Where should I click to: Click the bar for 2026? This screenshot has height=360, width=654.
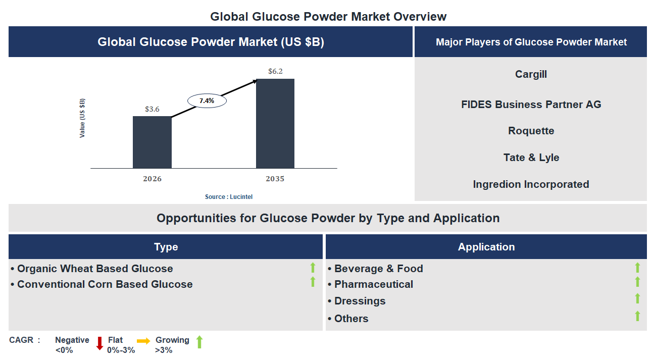coord(152,142)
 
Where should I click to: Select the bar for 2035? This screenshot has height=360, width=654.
coord(275,123)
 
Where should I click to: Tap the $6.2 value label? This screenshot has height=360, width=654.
coord(275,71)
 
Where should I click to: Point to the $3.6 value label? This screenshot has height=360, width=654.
coord(152,109)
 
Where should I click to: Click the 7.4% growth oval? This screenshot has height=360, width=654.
coord(207,101)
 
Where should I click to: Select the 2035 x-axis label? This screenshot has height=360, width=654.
coord(275,179)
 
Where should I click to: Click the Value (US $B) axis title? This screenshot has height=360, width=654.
coord(82,118)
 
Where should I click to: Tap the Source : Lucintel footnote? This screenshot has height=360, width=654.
coord(229,197)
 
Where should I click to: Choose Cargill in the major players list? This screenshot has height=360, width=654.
coord(531,74)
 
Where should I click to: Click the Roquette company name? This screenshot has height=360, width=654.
coord(531,131)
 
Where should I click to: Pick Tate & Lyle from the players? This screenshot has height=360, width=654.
coord(531,158)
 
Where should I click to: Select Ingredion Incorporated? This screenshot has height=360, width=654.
coord(531,184)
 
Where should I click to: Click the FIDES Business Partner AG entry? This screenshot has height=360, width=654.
coord(531,105)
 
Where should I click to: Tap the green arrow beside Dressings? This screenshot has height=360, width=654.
coord(637,298)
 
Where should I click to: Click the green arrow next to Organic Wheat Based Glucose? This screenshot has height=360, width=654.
coord(313,268)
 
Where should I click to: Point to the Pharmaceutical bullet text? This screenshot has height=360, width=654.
coord(373,284)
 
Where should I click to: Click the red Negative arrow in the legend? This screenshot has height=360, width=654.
coord(99,343)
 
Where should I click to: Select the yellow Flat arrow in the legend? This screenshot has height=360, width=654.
coord(143,341)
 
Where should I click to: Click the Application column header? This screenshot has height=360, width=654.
coord(486,247)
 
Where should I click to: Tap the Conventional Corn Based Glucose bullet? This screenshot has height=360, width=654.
coord(105,284)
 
